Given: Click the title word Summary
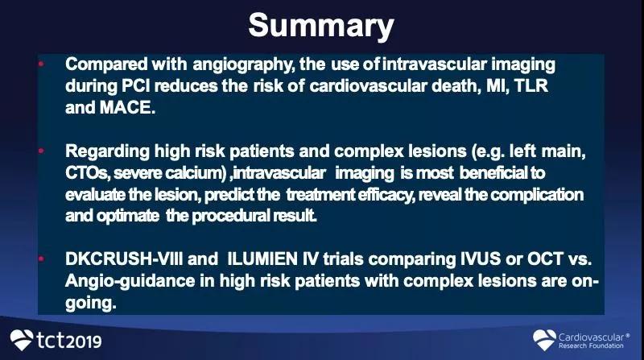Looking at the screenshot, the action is tap(321, 27).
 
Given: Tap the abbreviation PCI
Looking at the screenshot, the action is tap(135, 86).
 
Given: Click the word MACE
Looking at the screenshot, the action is tap(127, 108).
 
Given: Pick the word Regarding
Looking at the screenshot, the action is tap(108, 152).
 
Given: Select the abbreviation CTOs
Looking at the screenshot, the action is tap(87, 173).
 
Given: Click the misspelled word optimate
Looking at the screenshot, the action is tap(128, 216).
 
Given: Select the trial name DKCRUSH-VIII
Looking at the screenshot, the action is tap(124, 259).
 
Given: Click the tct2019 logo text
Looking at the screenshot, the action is tap(69, 341).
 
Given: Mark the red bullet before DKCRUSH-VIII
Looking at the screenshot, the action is tap(41, 259).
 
